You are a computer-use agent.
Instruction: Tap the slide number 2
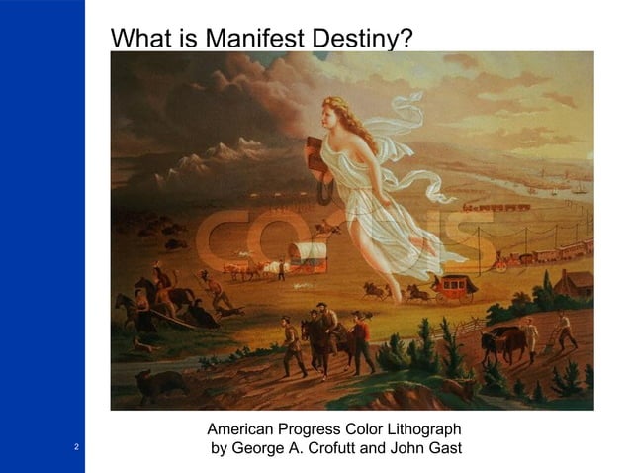[x=75, y=447]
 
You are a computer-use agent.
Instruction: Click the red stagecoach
[x=455, y=288]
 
